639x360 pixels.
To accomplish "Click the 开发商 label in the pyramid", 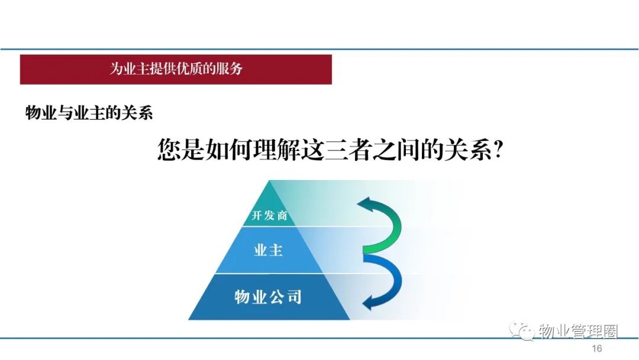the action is coord(269,215).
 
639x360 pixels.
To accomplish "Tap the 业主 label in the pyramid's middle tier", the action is coord(268,250).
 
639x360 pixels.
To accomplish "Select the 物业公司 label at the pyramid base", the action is coord(268,297).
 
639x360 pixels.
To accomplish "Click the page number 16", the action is coord(596,349).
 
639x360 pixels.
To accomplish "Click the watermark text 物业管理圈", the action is coord(578,332).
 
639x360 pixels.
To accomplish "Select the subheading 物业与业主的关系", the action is coord(89,113).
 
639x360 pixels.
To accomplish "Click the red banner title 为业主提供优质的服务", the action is coord(176,69).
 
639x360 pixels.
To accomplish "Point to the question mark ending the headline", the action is coord(498,150).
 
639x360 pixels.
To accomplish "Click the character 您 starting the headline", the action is coord(169,150).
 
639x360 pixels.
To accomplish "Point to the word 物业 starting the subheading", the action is coord(41,113).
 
